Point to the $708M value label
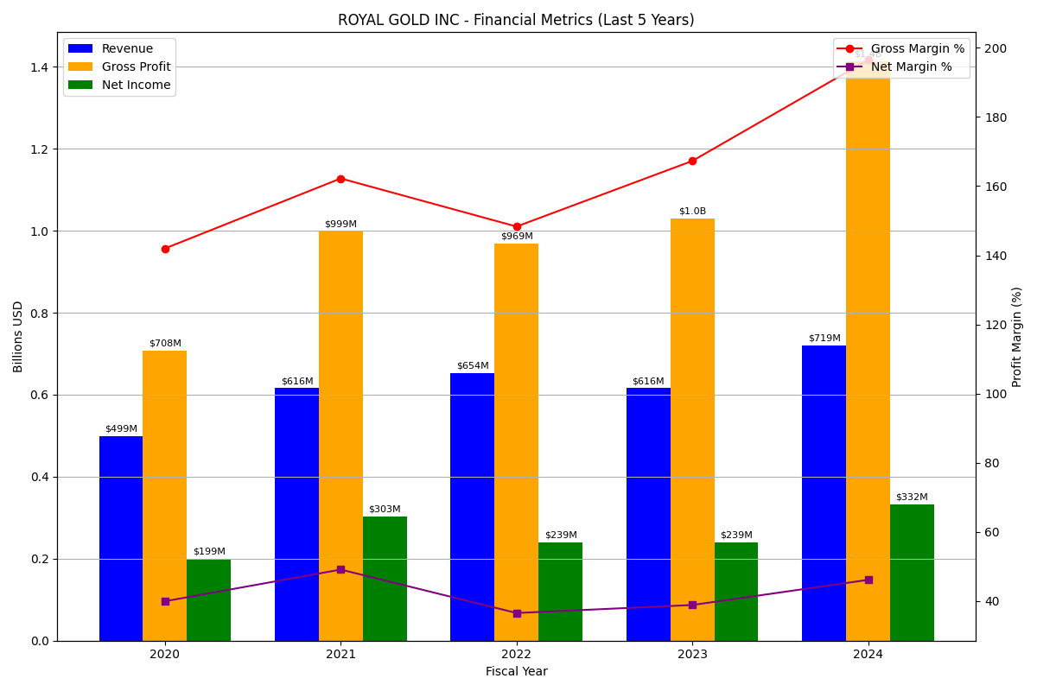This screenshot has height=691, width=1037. (x=165, y=344)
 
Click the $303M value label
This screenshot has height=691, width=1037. (x=385, y=510)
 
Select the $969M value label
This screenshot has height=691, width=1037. (x=517, y=237)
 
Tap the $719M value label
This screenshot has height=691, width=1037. (x=824, y=339)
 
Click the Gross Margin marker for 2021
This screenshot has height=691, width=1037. (x=340, y=179)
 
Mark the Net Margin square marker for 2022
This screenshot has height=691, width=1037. (x=517, y=613)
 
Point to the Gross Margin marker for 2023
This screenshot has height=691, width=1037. (x=692, y=161)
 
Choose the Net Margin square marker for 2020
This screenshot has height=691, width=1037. (x=165, y=601)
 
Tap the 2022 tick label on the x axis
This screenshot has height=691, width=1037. (x=517, y=655)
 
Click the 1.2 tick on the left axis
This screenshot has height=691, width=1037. (x=40, y=149)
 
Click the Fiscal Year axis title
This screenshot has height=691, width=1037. (x=516, y=672)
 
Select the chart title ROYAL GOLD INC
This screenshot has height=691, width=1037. (x=516, y=20)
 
